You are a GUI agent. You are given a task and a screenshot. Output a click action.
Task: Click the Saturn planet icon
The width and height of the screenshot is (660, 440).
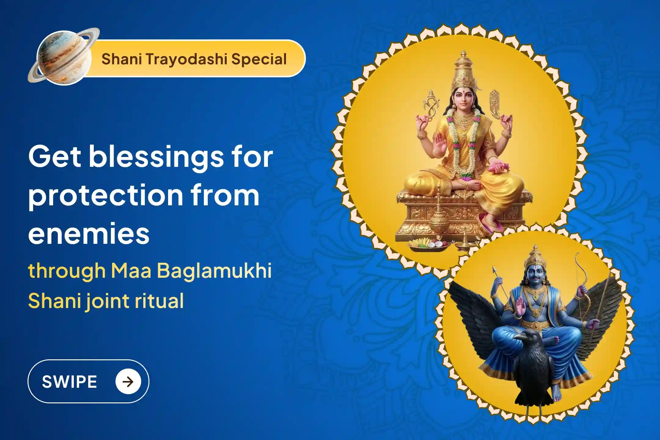(64, 57)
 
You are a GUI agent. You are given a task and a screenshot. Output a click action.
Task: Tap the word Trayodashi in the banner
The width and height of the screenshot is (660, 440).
(187, 59)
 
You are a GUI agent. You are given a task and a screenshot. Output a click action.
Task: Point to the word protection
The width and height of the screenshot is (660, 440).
(106, 196)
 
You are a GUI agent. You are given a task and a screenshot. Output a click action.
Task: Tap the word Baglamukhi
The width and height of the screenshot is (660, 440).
(214, 271)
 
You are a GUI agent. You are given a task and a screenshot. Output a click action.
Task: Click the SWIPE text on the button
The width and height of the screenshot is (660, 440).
(69, 382)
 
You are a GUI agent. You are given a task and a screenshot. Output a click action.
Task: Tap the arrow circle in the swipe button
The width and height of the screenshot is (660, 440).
(128, 382)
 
